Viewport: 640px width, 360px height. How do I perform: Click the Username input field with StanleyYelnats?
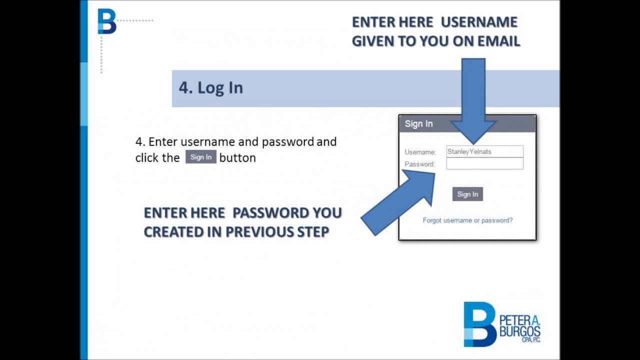pyautogui.click(x=484, y=151)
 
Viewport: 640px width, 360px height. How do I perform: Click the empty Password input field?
pyautogui.click(x=484, y=163)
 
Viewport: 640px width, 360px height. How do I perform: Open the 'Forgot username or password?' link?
pyautogui.click(x=467, y=220)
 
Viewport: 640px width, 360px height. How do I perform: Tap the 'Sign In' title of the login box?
pyautogui.click(x=418, y=124)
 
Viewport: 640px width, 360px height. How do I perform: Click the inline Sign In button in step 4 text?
pyautogui.click(x=201, y=157)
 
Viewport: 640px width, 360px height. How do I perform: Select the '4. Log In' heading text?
pyautogui.click(x=211, y=87)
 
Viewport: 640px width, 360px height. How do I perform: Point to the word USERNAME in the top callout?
pyautogui.click(x=479, y=22)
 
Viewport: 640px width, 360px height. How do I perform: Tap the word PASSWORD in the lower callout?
pyautogui.click(x=270, y=212)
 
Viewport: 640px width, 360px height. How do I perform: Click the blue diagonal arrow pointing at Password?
pyautogui.click(x=400, y=200)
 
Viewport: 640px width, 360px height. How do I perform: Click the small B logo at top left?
pyautogui.click(x=106, y=21)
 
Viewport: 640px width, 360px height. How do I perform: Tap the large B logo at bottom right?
pyautogui.click(x=479, y=324)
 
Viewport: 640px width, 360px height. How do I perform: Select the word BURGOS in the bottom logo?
pyautogui.click(x=520, y=331)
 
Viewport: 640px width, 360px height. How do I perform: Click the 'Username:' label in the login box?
pyautogui.click(x=420, y=152)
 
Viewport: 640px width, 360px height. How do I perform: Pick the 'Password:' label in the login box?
pyautogui.click(x=419, y=164)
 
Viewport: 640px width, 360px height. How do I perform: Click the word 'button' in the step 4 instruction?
pyautogui.click(x=237, y=157)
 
